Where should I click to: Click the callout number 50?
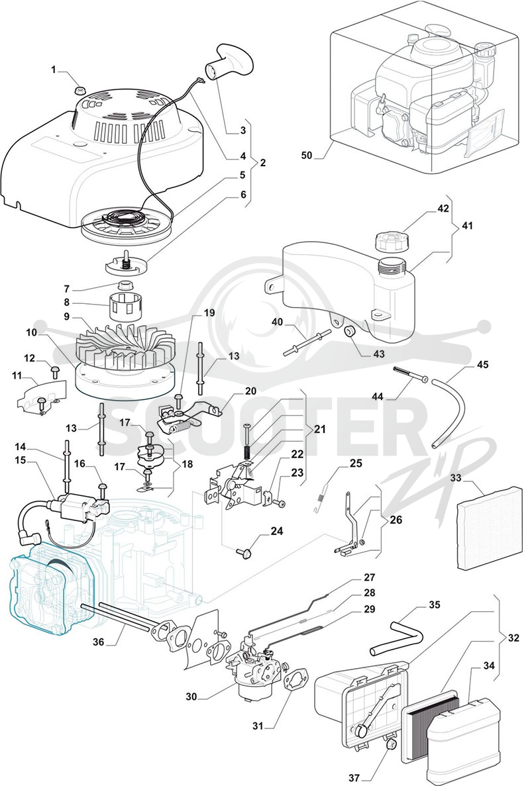point(306,156)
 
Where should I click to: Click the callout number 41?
point(467,226)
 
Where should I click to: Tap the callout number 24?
point(277,531)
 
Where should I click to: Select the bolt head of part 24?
point(244,553)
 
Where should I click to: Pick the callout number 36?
point(99,641)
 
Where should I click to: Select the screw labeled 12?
point(54,372)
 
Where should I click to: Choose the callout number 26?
point(396,520)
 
